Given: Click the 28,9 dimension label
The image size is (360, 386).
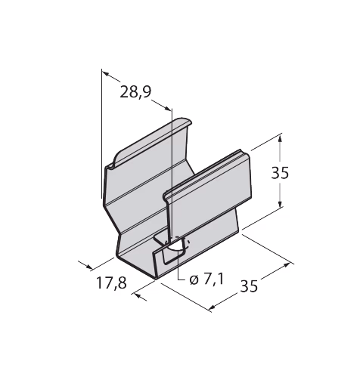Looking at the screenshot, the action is click(x=135, y=92).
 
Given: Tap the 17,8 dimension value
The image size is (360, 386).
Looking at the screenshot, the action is click(x=111, y=283).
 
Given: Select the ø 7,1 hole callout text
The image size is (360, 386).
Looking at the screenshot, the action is click(x=206, y=279).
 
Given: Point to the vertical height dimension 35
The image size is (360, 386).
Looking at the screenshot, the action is click(x=280, y=173).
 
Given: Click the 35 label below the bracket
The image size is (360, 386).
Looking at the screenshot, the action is click(x=249, y=286).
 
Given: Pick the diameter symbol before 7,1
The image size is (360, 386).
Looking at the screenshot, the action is click(x=194, y=280).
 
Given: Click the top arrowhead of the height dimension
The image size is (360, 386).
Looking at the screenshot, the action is click(x=280, y=139).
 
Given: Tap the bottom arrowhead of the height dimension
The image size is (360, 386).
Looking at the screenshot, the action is click(x=280, y=204).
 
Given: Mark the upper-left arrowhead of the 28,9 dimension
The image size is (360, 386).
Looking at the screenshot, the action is click(x=106, y=73).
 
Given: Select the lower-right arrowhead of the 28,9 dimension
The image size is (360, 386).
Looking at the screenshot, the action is click(x=167, y=108).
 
